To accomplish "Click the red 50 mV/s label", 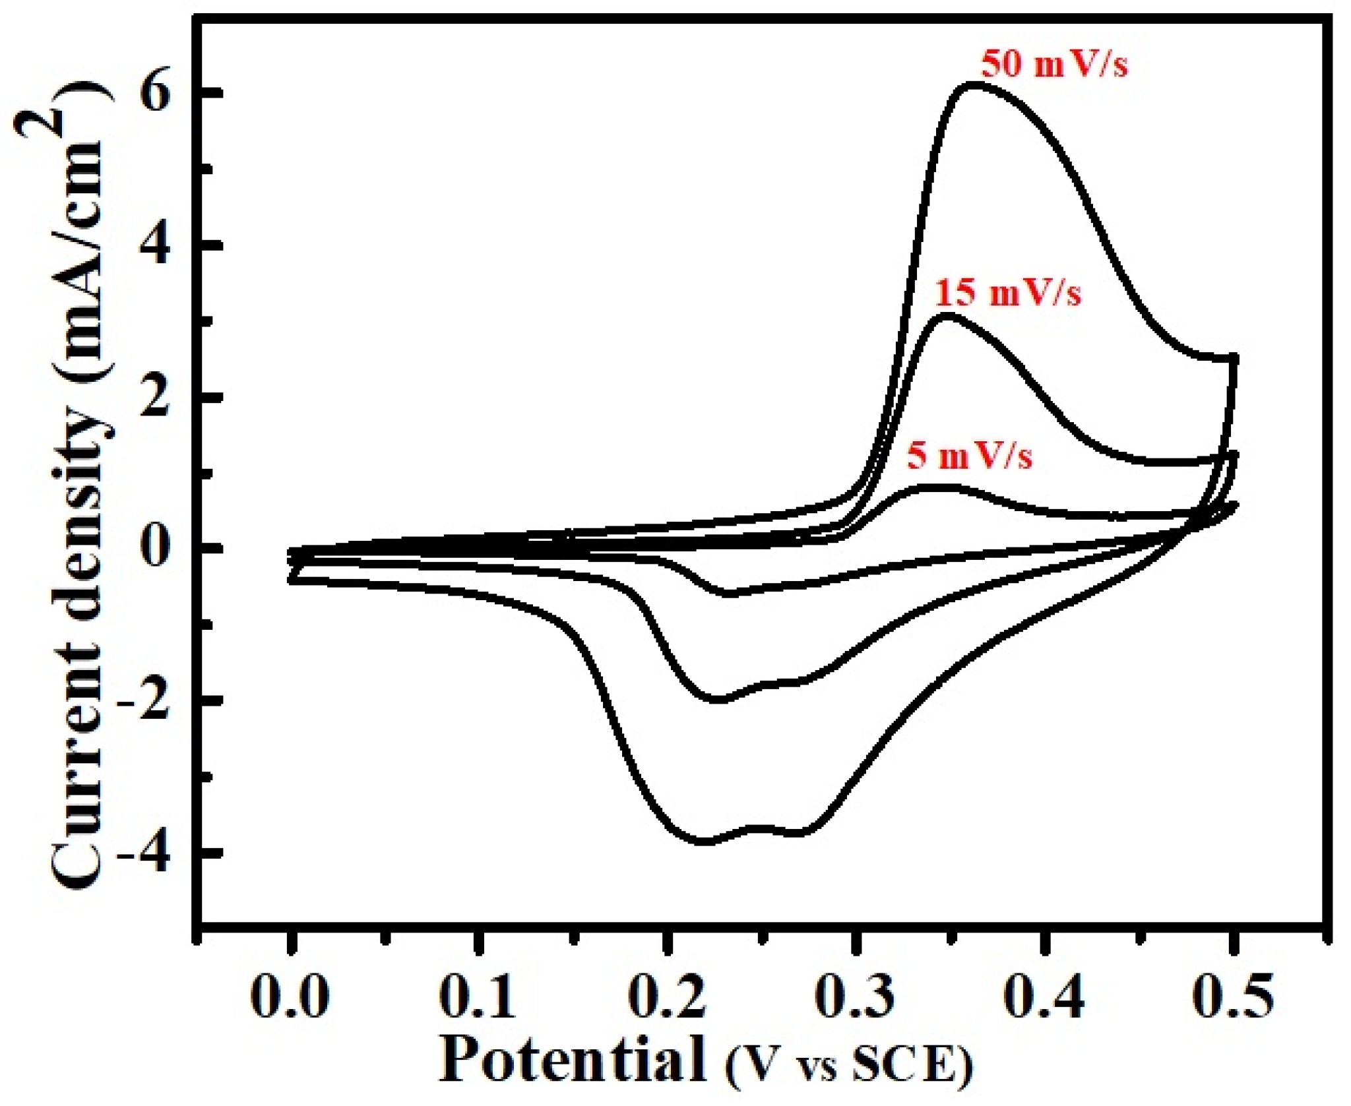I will coord(1054,65).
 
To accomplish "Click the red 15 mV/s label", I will coord(1009,293).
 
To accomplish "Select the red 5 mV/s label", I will coord(969,456).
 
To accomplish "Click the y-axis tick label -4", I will coord(144,853).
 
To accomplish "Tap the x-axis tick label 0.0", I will coord(290,997).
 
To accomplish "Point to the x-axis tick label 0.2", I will coord(666,997).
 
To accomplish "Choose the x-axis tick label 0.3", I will coord(855,997).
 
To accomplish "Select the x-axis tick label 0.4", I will coord(1044,997).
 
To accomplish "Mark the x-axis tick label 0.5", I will coord(1232,997).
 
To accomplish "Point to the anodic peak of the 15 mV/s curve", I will coord(947,317).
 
